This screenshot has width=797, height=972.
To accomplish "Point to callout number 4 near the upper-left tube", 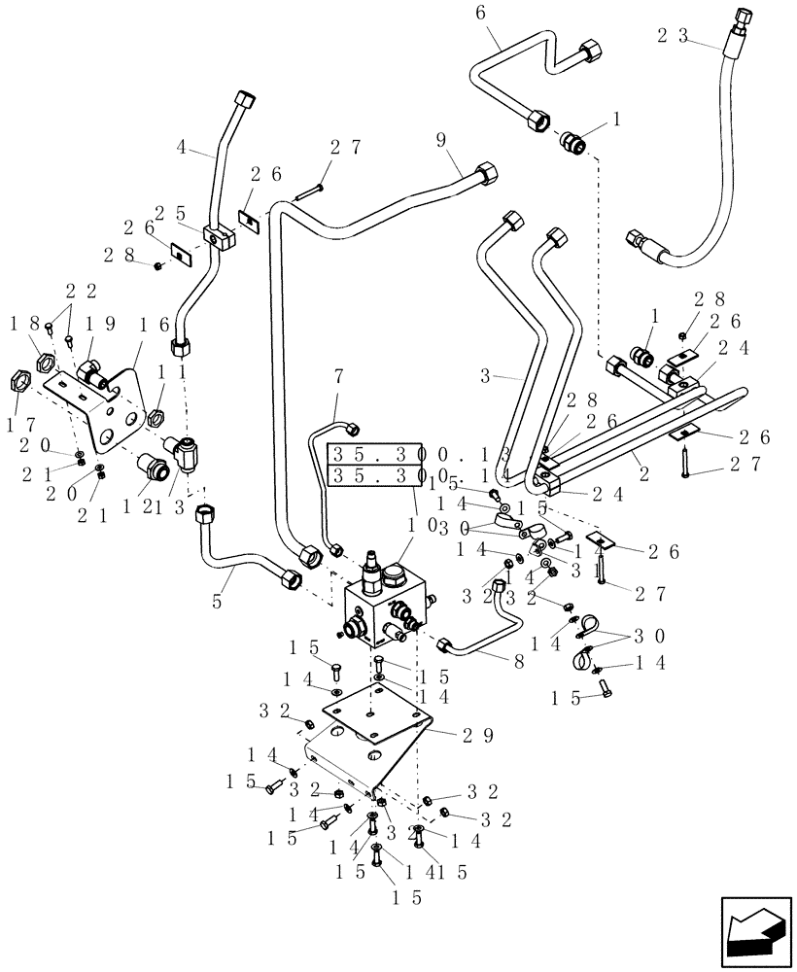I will (183, 151).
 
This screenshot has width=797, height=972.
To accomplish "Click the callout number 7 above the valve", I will (339, 375).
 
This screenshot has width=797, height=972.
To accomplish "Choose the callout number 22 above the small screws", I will (79, 291).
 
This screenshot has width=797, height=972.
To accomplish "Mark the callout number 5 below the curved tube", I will (216, 602).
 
